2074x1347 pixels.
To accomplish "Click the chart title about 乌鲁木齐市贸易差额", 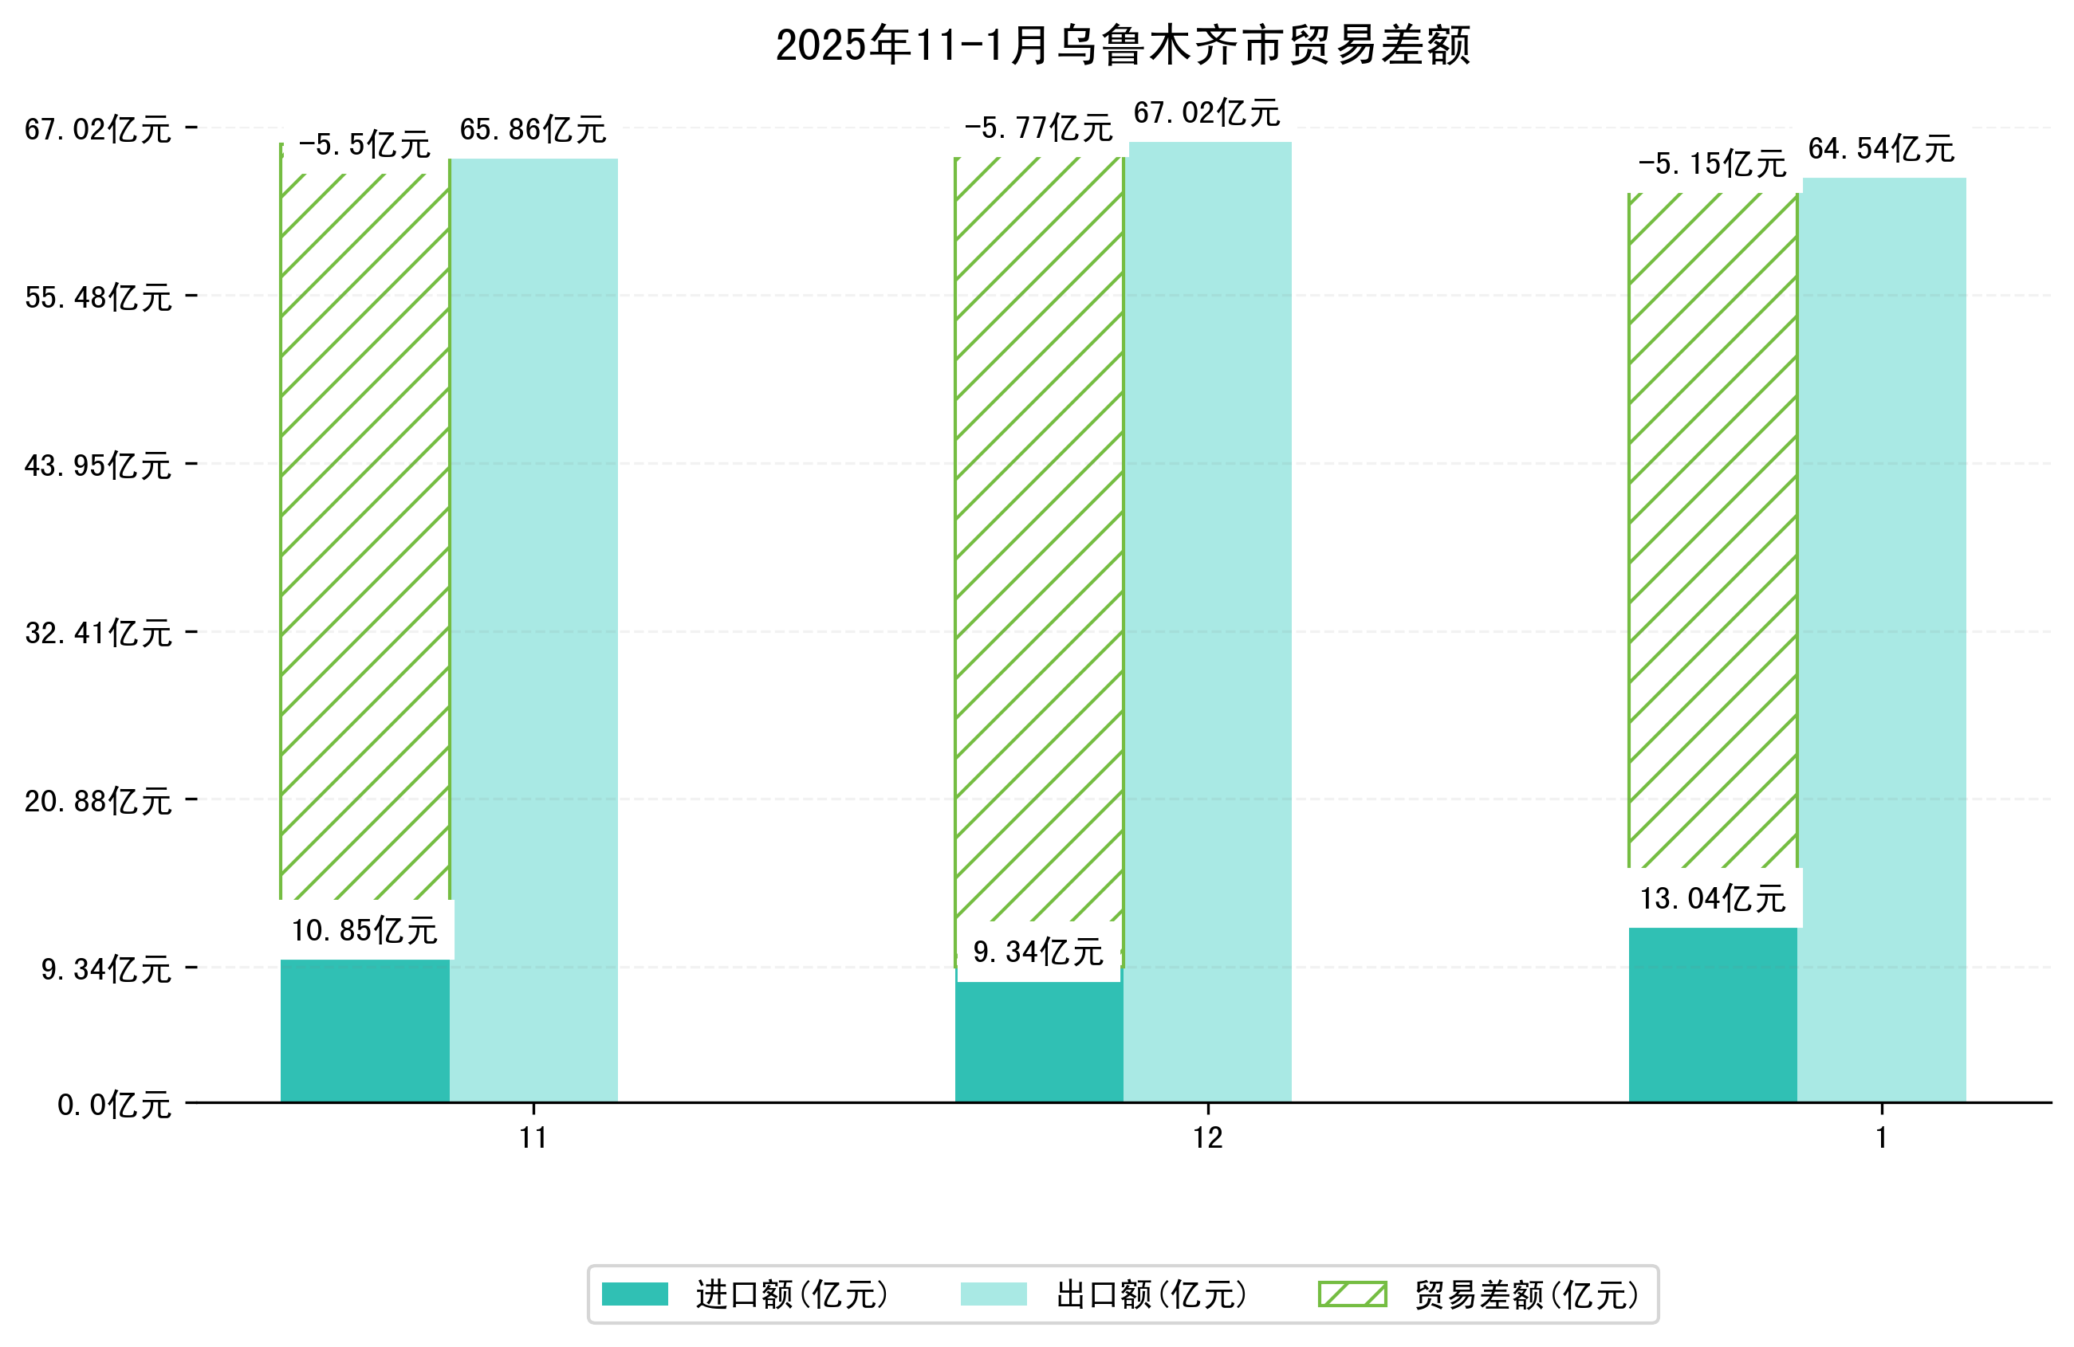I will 1123,45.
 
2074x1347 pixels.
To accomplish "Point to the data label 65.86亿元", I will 533,130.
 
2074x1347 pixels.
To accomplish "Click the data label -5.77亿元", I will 1038,129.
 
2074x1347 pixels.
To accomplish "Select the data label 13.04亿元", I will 1712,898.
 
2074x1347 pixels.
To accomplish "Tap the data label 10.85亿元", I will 364,930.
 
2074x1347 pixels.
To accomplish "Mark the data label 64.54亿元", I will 1881,149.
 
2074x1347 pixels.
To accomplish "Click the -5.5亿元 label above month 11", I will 364,144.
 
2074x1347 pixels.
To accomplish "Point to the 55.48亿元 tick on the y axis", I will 97,298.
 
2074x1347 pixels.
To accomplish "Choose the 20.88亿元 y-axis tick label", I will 97,801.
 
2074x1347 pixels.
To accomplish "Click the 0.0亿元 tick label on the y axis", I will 114,1105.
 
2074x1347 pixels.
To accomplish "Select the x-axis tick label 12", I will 1208,1138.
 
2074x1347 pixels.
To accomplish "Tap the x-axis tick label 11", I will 533,1138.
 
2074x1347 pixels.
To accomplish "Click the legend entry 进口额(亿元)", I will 791,1294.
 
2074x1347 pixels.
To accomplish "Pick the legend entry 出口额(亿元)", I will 1151,1294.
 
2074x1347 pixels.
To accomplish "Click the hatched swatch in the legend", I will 1352,1294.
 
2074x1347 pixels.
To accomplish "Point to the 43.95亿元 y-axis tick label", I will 97,466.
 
